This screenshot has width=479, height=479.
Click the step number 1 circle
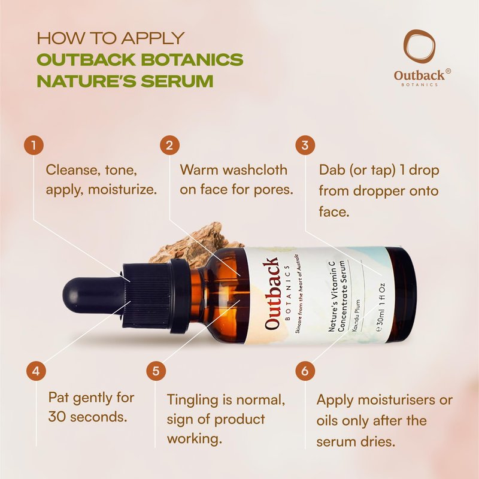pos(34,145)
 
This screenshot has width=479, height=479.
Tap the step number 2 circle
pos(169,145)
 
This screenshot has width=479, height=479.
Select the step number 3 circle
pos(305,145)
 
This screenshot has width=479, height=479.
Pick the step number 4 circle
pos(36,371)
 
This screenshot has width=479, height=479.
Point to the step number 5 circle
pos(156,371)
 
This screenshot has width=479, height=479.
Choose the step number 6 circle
pos(305,371)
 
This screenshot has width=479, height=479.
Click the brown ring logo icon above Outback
pos(419,46)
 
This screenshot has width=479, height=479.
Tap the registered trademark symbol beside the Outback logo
pos(448,71)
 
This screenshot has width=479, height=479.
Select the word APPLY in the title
pos(153,38)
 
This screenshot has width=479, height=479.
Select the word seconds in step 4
pos(99,417)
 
